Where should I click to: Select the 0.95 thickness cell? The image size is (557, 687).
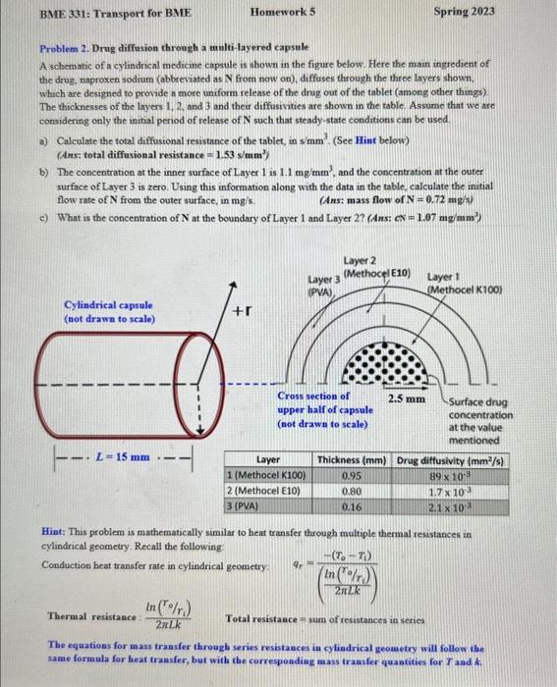[x=352, y=475]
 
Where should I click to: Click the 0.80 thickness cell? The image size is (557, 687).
[x=352, y=491]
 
